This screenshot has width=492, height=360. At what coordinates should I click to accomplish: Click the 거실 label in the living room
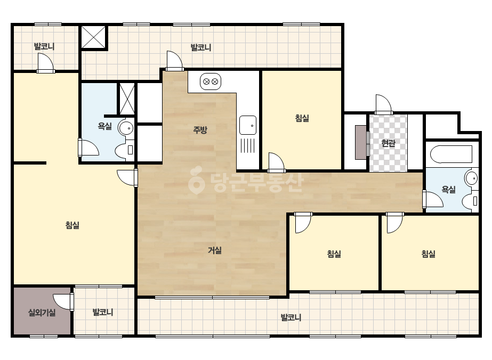215,250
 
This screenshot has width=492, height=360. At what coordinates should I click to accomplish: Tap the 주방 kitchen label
200,129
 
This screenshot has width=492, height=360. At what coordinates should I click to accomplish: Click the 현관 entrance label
388,143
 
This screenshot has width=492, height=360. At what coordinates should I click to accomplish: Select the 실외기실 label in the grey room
42,312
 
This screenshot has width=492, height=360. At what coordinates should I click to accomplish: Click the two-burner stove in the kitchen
211,82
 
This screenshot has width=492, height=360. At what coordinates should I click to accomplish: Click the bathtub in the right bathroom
451,154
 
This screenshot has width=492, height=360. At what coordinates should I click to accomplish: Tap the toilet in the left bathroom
125,151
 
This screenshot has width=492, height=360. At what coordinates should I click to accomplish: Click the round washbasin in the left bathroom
126,128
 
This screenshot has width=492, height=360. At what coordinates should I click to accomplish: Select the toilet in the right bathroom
471,201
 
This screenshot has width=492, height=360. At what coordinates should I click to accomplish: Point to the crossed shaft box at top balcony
93,37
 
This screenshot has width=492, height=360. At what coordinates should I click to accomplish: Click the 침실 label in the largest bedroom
72,225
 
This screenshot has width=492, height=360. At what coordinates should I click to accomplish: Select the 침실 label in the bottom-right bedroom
429,253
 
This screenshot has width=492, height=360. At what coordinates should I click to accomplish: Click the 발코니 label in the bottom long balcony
291,317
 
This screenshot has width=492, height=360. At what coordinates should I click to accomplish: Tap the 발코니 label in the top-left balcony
44,46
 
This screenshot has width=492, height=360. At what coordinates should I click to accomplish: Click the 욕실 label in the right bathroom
449,190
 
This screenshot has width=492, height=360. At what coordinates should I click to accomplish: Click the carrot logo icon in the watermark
196,181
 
